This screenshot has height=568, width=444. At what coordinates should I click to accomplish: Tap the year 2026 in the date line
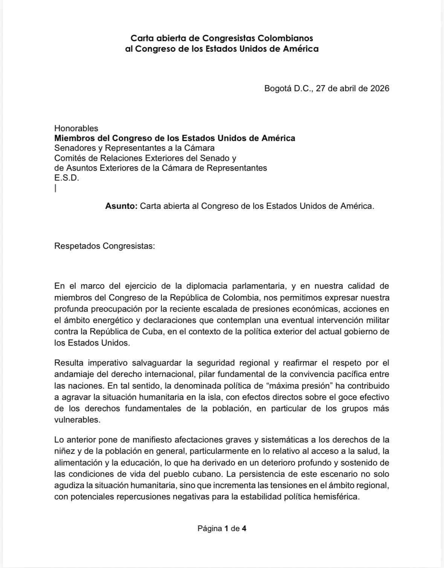point(380,88)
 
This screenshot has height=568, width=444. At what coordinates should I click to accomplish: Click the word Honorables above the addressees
point(76,128)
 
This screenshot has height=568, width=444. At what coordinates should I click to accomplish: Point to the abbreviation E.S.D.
point(67,178)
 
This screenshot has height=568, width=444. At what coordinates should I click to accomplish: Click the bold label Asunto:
point(121,206)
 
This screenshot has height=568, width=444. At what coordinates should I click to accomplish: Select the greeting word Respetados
point(77,246)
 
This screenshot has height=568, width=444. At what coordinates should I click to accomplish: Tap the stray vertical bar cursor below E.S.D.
point(55,188)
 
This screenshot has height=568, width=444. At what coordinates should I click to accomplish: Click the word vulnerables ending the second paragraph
point(77,420)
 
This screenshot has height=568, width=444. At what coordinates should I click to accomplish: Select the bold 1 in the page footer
point(226,528)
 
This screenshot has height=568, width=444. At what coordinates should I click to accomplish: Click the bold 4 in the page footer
point(244,528)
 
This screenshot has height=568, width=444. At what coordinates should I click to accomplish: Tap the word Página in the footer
point(210,528)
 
